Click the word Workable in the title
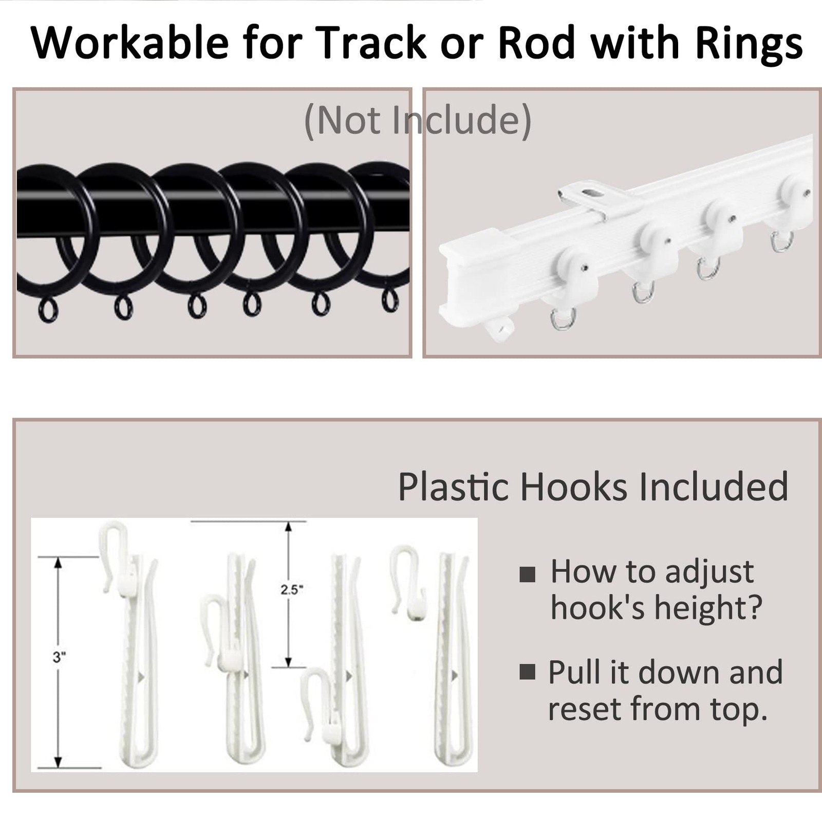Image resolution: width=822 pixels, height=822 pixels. [x=129, y=43]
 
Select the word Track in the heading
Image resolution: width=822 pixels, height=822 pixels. [x=373, y=43]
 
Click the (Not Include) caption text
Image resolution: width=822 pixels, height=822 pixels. [x=418, y=121]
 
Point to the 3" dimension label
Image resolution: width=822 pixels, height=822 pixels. [x=60, y=657]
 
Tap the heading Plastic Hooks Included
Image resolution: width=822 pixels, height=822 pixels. [x=593, y=486]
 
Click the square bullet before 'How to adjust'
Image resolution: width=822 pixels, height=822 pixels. [x=527, y=574]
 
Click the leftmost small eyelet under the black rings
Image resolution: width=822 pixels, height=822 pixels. [x=48, y=311]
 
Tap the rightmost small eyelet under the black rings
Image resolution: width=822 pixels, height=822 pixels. [x=390, y=300]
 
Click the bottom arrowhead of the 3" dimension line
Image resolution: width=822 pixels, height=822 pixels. [x=58, y=762]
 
